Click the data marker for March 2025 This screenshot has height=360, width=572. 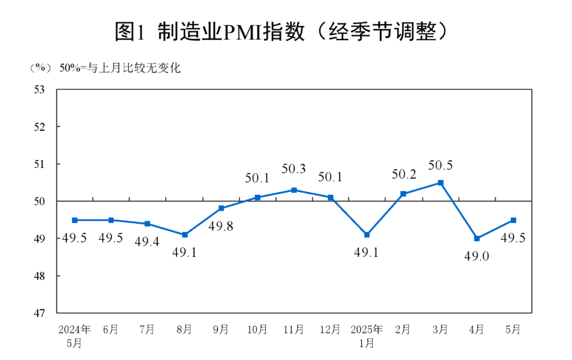440,183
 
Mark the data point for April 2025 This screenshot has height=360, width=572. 477,238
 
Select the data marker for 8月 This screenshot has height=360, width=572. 184,235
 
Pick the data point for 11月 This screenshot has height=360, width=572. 294,190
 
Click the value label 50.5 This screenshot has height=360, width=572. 440,166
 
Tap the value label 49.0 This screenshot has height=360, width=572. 477,256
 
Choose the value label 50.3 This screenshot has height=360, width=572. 294,169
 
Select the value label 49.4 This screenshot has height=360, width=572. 147,242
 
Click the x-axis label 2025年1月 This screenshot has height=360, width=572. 367,336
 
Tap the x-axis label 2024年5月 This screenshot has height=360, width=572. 75,336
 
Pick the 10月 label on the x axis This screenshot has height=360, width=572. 257,329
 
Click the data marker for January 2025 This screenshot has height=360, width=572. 367,235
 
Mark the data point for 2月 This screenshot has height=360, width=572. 404,194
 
